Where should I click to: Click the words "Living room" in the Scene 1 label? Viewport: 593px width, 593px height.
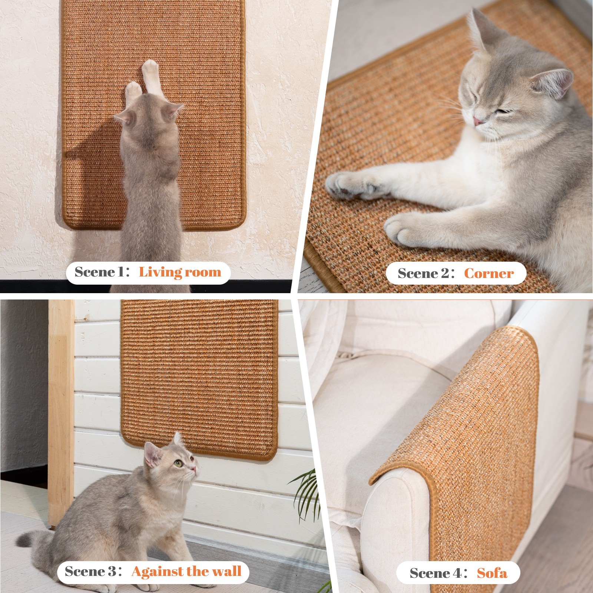point(180,272)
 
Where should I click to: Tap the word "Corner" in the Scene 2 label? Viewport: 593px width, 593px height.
point(488,274)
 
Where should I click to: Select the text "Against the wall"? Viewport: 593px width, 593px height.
point(186,571)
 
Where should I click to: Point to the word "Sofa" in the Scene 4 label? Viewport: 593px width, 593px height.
point(492,573)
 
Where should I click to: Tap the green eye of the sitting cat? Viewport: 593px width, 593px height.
point(179,463)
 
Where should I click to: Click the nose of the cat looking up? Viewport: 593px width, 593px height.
point(194,468)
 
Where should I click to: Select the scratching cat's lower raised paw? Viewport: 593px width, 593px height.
point(132,91)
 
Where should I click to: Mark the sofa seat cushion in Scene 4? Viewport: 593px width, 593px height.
point(371,400)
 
